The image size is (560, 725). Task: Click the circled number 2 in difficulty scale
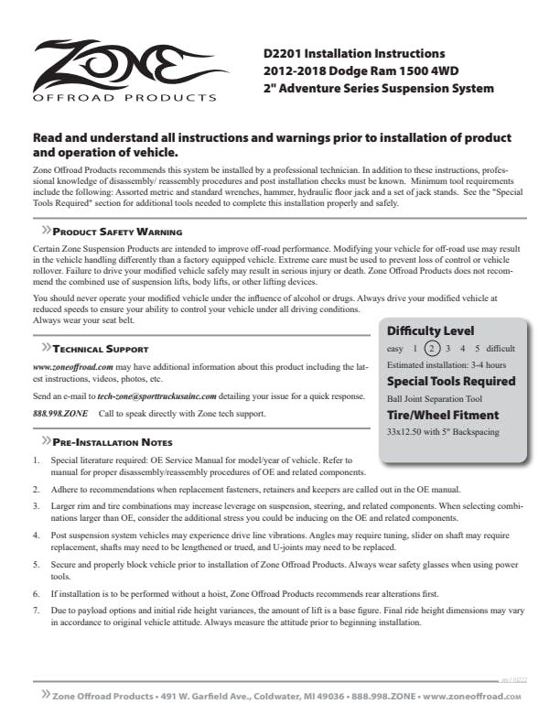tap(433, 349)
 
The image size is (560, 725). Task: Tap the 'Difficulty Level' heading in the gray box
tap(430, 330)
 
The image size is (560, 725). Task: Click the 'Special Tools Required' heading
tap(451, 381)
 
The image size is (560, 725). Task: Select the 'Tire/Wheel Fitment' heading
tap(444, 414)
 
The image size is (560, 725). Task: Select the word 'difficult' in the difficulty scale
tap(499, 349)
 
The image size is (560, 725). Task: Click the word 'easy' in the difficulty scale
tap(396, 349)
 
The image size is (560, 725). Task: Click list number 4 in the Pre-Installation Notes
tap(36, 532)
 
